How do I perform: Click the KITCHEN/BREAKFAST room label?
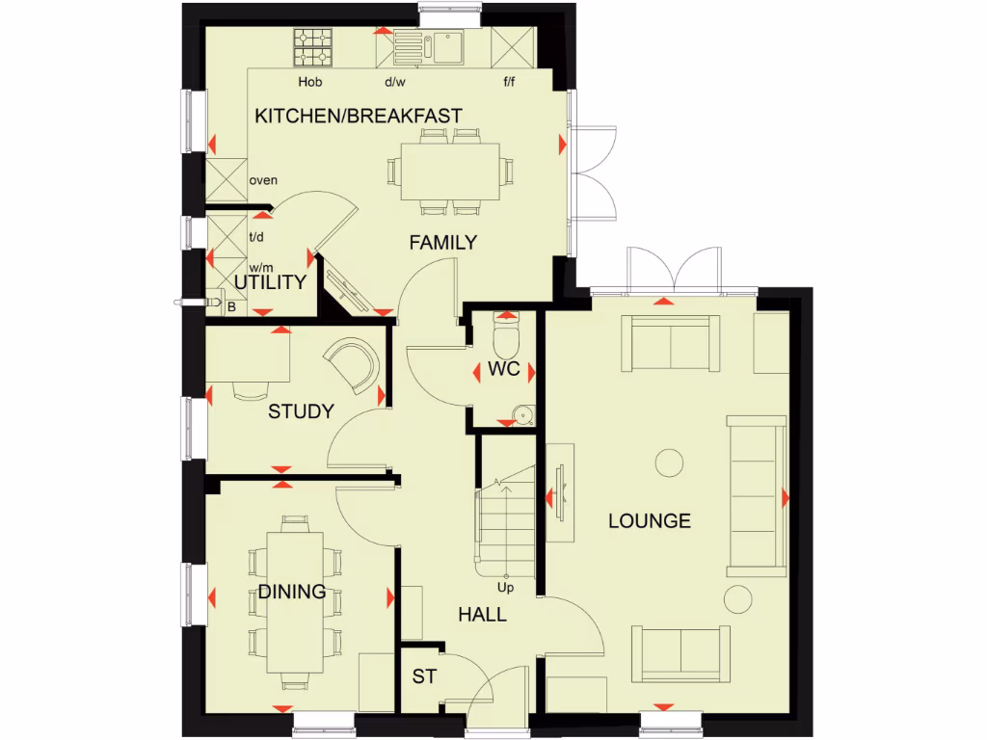click(358, 116)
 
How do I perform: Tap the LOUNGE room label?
click(649, 521)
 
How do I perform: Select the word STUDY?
click(301, 411)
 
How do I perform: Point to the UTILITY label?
click(271, 282)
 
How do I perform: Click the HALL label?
click(482, 615)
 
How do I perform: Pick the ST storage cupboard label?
click(424, 676)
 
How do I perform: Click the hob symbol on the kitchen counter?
click(312, 44)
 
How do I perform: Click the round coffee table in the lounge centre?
click(669, 463)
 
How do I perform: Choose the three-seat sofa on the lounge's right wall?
click(756, 495)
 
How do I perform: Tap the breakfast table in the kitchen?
click(450, 172)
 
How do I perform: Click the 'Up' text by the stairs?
click(504, 587)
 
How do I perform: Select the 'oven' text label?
click(263, 180)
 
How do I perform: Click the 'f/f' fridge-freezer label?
click(509, 83)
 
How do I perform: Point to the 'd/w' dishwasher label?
click(395, 83)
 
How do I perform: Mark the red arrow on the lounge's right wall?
click(786, 497)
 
